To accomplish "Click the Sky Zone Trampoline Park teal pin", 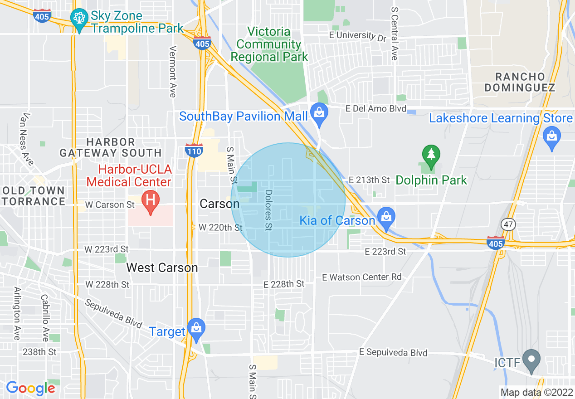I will coord(79,19).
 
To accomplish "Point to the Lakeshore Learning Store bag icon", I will coord(552,137).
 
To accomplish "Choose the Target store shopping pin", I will coord(196,329).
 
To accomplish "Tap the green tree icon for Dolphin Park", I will coord(430,155).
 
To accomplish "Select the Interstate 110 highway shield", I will coord(194,150).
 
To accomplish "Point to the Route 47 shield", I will coord(507,224).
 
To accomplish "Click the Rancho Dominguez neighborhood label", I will coord(520,82).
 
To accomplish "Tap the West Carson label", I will coord(162,268).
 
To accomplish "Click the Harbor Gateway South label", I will coord(111,147).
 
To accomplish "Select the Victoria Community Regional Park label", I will coord(269,44).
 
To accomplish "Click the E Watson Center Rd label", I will coord(362,277).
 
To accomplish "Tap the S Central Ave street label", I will coord(394,34).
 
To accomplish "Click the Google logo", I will coord(30,388).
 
